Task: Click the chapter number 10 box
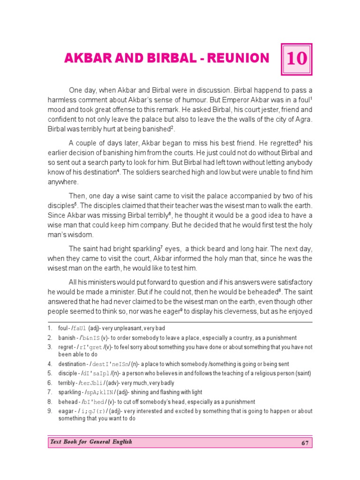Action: [x=296, y=59]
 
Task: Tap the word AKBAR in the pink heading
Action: [x=83, y=58]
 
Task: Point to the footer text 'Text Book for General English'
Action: [x=90, y=442]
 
